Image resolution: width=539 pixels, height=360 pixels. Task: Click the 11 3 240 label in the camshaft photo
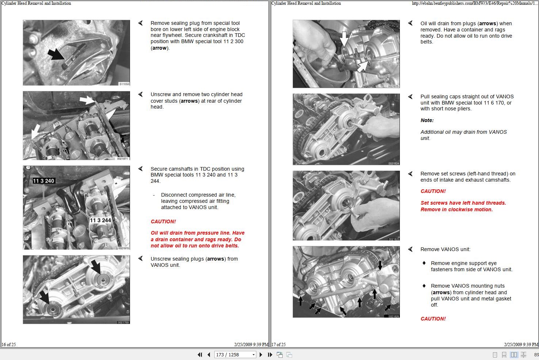tap(43, 181)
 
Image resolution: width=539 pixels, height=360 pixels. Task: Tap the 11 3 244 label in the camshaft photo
tap(100, 220)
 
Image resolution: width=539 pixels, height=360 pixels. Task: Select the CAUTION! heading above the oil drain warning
tap(163, 221)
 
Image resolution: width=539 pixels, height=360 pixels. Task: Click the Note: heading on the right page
tap(427, 120)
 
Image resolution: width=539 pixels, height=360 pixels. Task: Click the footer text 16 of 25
tap(9, 344)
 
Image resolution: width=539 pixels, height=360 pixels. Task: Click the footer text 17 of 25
tap(279, 344)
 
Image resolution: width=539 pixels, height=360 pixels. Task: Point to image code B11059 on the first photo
tap(124, 84)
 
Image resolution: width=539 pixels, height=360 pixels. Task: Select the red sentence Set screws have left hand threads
tap(463, 203)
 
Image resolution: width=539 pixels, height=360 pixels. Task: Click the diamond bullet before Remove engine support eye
tap(424, 263)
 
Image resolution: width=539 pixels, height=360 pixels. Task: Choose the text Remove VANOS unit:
tap(445, 249)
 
